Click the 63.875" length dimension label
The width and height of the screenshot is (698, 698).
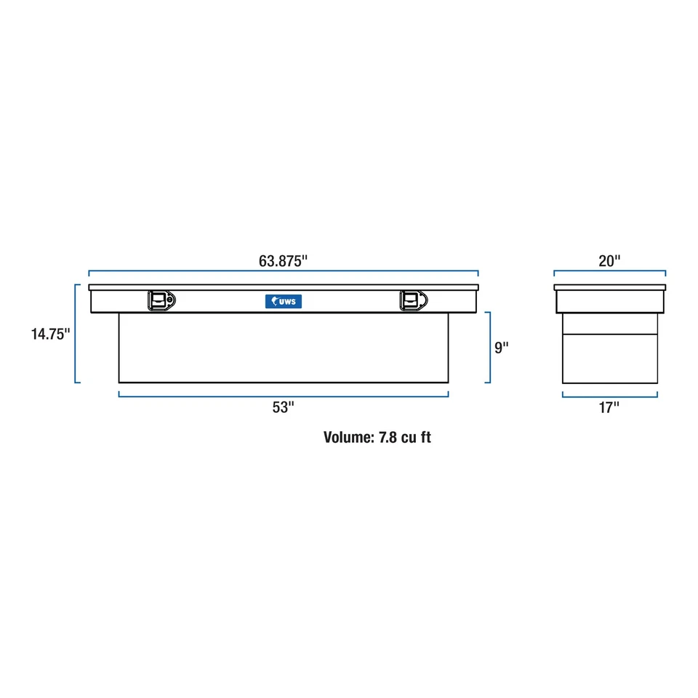pos(283,261)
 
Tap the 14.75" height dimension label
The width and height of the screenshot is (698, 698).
pos(50,334)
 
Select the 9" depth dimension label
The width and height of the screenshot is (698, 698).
pos(501,348)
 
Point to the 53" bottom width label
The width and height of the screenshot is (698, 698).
pos(283,407)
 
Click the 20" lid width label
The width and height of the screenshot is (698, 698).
pos(609,261)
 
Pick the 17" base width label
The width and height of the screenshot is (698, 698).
pos(609,407)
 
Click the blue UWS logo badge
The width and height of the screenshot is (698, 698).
pos(284,301)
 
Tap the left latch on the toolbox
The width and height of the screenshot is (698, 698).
pos(161,301)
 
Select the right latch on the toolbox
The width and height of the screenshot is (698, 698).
pos(414,301)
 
